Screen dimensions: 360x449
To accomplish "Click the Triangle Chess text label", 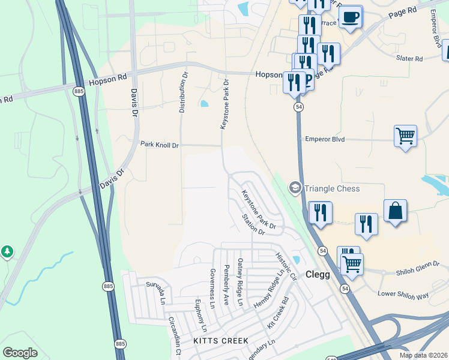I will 332,188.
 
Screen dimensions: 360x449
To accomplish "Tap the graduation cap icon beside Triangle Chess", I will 295,188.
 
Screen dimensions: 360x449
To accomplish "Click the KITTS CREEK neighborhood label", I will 221,341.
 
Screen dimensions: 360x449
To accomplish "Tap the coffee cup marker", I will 351,17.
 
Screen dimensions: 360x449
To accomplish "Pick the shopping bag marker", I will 395,212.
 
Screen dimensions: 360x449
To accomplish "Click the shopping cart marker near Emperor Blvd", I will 406,137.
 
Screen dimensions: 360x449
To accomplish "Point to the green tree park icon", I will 7,251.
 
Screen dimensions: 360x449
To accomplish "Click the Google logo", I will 20,353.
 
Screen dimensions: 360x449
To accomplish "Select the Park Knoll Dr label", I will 160,145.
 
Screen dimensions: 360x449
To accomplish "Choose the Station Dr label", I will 253,224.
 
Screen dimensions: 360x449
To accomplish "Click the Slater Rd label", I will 409,59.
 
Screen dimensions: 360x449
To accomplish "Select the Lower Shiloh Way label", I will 403,295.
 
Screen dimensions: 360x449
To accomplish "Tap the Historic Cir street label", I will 286,267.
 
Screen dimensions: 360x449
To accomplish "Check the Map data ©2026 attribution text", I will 423,355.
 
